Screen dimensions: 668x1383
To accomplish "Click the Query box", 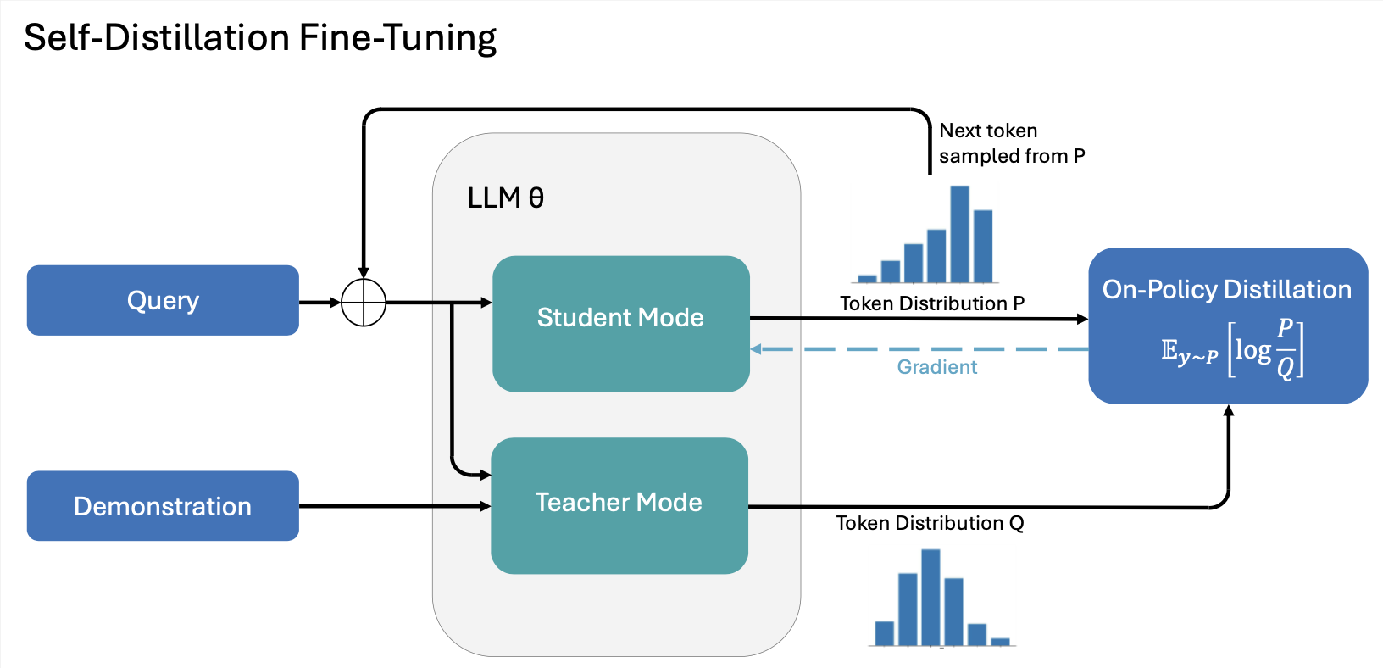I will pos(163,300).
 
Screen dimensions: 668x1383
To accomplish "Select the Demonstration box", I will pos(163,506).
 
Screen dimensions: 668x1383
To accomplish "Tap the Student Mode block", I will pos(620,323).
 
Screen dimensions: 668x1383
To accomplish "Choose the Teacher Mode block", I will pos(619,505).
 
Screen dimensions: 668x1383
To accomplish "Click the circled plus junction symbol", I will pos(364,302).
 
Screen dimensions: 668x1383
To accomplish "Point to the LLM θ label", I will pos(505,198).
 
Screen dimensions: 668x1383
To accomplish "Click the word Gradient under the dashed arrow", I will pos(936,367).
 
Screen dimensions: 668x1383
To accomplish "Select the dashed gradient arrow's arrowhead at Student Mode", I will pos(756,349).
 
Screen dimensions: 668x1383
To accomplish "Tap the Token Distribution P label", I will pos(931,303).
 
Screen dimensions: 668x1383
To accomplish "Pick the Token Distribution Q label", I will pos(930,523).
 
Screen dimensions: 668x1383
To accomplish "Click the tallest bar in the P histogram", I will pos(959,234).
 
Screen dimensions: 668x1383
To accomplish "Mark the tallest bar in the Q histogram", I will pos(930,598).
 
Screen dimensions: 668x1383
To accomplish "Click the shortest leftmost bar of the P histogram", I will pos(867,278).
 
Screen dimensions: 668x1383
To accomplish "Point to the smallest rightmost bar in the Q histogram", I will pos(1000,642).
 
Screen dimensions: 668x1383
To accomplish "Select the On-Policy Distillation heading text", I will pos(1226,290).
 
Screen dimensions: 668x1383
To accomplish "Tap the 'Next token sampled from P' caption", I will pos(1011,143).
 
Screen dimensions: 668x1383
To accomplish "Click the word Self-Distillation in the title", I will pos(157,38).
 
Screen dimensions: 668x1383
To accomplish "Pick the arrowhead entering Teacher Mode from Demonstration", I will pos(486,506).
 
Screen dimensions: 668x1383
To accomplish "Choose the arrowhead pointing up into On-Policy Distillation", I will pos(1229,411).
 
